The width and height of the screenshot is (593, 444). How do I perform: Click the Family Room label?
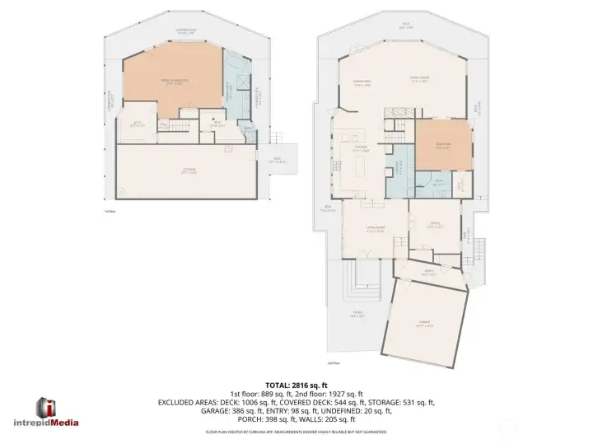(418, 80)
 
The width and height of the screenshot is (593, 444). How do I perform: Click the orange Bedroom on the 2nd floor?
(443, 146)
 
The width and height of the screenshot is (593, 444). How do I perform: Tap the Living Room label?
(375, 230)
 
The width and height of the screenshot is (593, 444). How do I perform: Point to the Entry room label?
(428, 273)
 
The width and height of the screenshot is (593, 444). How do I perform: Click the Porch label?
(357, 314)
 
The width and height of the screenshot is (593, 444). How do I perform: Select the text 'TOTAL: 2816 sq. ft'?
(296, 385)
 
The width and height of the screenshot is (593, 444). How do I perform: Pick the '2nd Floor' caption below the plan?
(334, 362)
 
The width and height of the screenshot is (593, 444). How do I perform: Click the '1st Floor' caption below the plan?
(109, 211)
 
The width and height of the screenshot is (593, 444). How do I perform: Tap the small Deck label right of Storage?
(277, 161)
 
